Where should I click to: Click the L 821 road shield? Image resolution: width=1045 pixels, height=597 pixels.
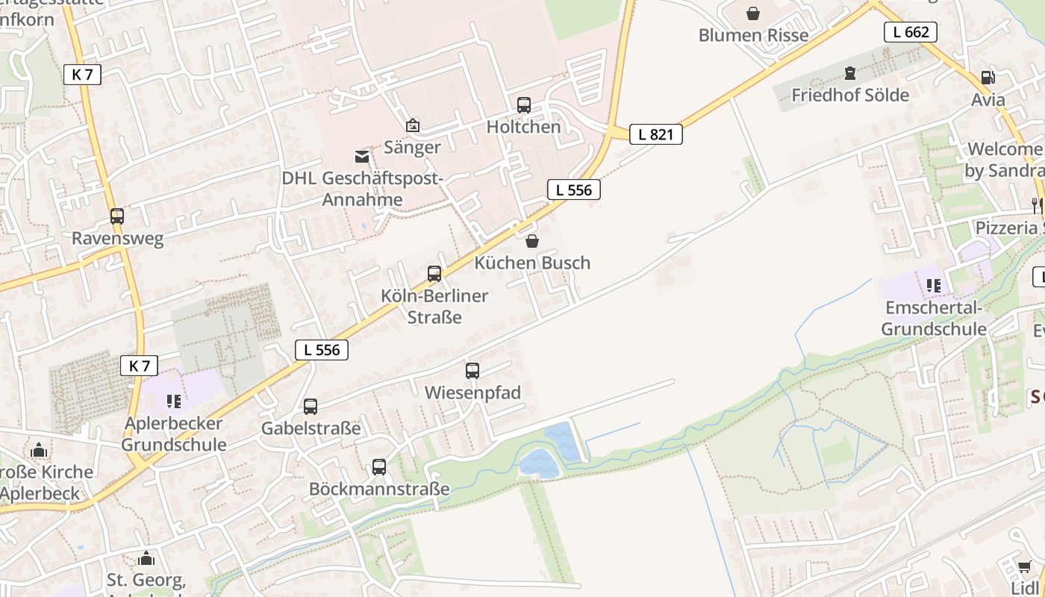pos(655,134)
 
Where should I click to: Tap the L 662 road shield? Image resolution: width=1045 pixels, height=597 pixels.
pos(910,31)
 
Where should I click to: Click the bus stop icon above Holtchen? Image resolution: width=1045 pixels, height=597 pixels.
pos(524,105)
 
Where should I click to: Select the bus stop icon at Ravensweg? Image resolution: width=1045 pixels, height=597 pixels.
pos(117,216)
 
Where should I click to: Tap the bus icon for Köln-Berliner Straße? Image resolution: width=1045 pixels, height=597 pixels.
pos(434,274)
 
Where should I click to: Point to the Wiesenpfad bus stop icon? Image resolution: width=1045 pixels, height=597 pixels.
pos(472,371)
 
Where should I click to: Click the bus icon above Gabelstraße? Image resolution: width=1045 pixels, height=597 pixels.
pos(311,407)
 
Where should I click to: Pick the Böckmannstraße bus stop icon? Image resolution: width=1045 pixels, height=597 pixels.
pos(379,467)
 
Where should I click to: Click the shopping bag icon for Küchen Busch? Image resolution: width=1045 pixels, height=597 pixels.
pos(532,241)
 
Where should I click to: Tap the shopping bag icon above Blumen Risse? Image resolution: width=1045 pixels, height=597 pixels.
pos(753,13)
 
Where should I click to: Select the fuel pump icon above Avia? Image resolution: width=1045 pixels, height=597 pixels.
pos(988,78)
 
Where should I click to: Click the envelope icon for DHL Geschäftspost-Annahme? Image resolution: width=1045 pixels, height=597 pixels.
pos(362,157)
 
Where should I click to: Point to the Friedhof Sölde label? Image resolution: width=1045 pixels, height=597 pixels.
pos(850,96)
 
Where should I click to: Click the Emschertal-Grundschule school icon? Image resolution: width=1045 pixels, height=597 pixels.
pos(933,285)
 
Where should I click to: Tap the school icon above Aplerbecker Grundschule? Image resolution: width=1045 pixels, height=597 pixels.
pos(174,401)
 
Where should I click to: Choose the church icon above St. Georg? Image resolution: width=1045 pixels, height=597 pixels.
pos(146,558)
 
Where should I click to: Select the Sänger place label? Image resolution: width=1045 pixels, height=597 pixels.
pos(412,147)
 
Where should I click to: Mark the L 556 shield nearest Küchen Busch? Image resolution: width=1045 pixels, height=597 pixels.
pos(573,190)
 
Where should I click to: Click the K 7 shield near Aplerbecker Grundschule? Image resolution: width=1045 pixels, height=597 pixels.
pos(140,366)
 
